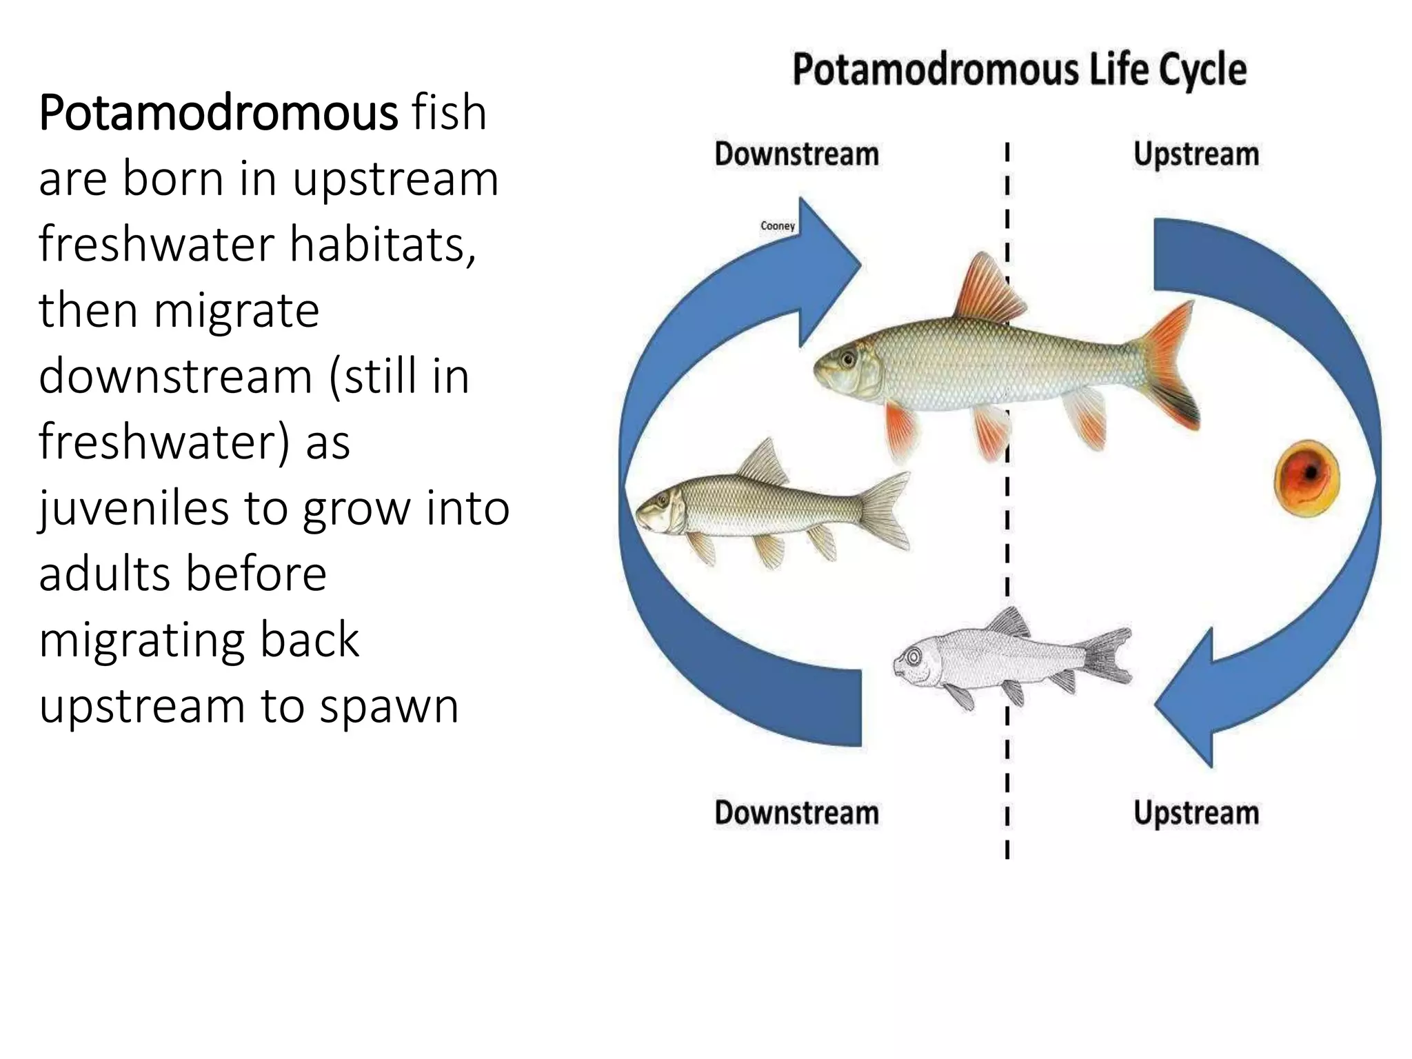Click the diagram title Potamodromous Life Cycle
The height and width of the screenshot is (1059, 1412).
[1019, 70]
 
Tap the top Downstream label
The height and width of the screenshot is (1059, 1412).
[796, 154]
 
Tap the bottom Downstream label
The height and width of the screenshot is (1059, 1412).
[796, 813]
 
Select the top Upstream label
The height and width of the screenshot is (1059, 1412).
[1196, 154]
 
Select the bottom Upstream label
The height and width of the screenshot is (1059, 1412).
[1196, 813]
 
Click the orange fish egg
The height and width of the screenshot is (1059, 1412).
[1307, 478]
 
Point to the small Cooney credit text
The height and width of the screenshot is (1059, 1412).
[778, 225]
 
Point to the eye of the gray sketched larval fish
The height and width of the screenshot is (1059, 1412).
[914, 656]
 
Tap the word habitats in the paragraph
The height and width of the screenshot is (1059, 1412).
[382, 245]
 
